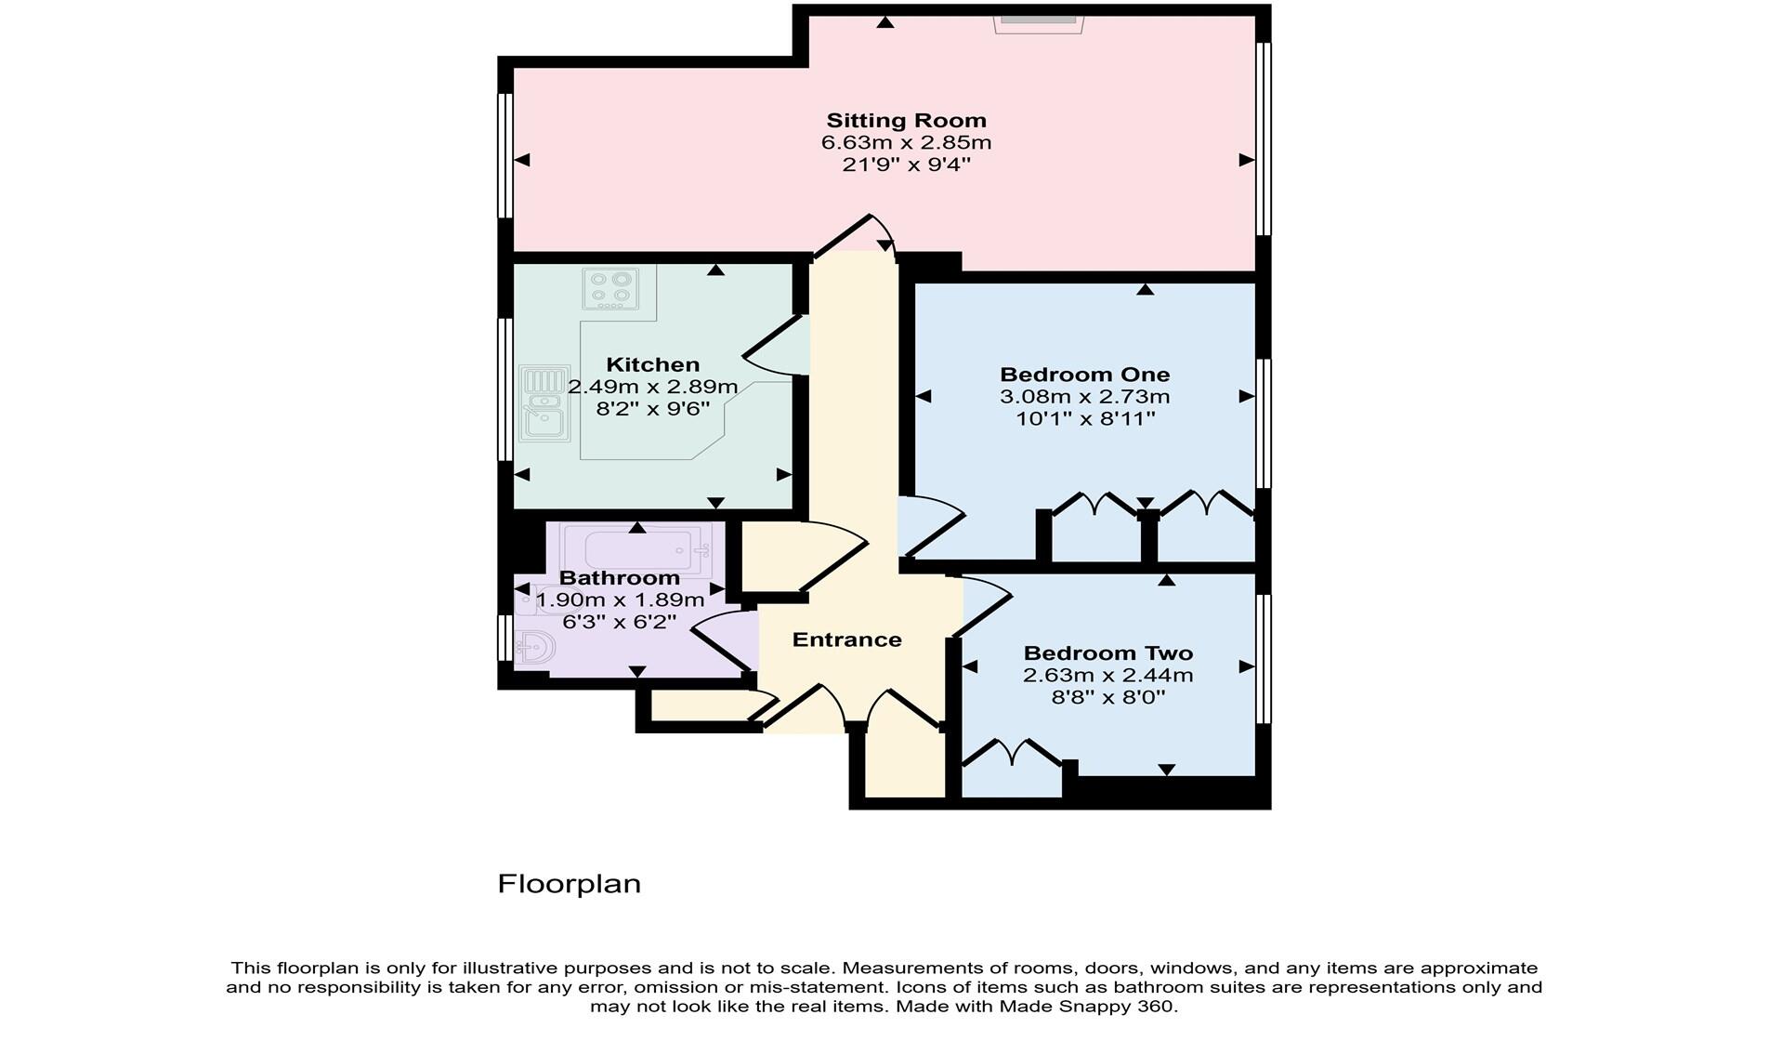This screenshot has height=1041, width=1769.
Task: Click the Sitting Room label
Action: click(906, 120)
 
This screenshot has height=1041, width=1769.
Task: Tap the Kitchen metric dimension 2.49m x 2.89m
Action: click(652, 387)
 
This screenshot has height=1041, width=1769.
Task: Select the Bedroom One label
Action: click(1084, 375)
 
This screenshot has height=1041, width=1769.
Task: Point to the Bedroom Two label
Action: click(1107, 653)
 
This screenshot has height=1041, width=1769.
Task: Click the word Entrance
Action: click(846, 639)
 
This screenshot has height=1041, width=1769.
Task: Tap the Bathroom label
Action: click(619, 578)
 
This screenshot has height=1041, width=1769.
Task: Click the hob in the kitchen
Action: click(610, 288)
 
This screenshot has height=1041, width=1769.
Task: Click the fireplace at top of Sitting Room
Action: click(1038, 21)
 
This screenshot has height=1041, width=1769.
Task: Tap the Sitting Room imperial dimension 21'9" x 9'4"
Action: click(906, 165)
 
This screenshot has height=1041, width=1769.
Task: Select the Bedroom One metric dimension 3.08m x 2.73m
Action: click(1084, 397)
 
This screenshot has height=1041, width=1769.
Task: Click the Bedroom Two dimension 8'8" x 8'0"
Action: click(1107, 697)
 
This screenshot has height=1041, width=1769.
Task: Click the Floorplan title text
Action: click(569, 883)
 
